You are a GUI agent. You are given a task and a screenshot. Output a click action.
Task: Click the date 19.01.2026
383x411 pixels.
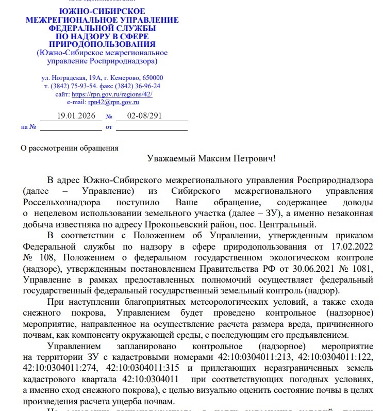click(76, 116)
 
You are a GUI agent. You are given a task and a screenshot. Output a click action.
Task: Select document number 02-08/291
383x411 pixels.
click(144, 116)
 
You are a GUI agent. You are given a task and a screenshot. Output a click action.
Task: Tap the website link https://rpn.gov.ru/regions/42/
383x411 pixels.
click(112, 94)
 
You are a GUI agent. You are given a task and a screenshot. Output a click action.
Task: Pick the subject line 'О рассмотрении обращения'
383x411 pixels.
click(69, 148)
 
